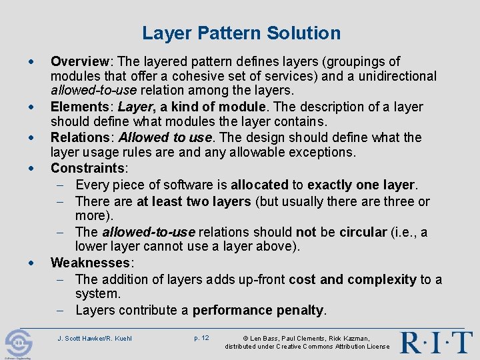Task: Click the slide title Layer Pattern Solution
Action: pyautogui.click(x=241, y=33)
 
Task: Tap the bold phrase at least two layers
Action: pyautogui.click(x=193, y=201)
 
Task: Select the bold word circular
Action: pyautogui.click(x=363, y=232)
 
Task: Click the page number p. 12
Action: pyautogui.click(x=201, y=338)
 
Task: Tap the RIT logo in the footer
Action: pyautogui.click(x=436, y=342)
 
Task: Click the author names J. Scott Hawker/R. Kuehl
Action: pyautogui.click(x=95, y=338)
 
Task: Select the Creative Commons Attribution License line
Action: pyautogui.click(x=307, y=347)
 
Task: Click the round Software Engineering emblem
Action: pyautogui.click(x=18, y=344)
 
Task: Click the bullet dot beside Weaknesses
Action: pyautogui.click(x=33, y=263)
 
